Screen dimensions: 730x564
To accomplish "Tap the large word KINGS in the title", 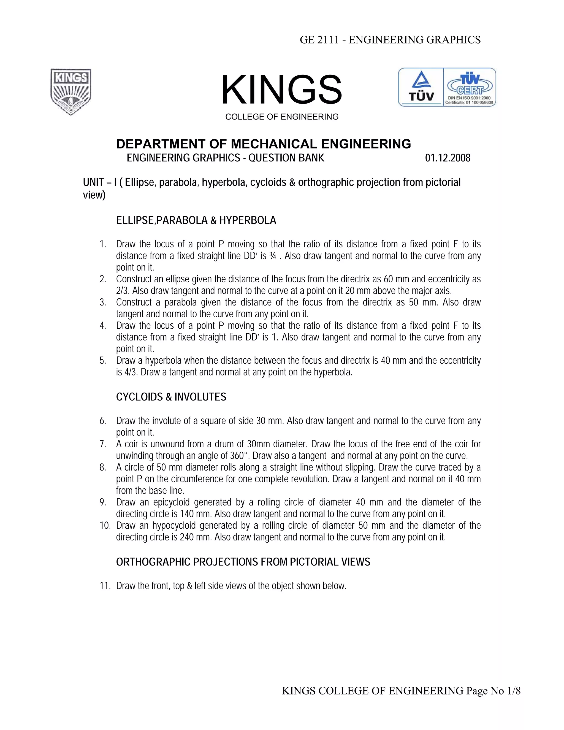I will tap(282, 90).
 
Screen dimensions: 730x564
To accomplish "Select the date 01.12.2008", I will tap(448, 158).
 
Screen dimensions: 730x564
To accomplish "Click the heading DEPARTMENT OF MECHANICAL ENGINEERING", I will tap(263, 144).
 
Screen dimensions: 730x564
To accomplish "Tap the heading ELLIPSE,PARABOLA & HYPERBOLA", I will tap(196, 221).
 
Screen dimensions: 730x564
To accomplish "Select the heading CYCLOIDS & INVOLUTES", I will tap(171, 397).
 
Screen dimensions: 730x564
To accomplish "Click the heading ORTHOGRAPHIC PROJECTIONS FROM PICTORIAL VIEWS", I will tap(243, 562).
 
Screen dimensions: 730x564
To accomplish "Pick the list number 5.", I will tap(102, 361).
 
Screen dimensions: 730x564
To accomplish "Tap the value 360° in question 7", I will tap(240, 456).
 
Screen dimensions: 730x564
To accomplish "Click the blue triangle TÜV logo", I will tap(421, 86).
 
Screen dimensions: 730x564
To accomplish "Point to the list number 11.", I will tap(105, 586).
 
